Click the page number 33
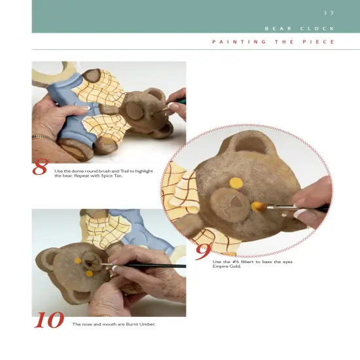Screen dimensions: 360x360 pyautogui.click(x=329, y=13)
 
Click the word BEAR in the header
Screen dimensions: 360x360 pyautogui.click(x=278, y=29)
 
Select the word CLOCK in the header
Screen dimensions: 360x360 pyautogui.click(x=317, y=29)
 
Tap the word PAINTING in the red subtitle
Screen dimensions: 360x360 pyautogui.click(x=239, y=42)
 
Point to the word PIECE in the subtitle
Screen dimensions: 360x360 pyautogui.click(x=319, y=42)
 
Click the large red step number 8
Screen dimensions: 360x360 pyautogui.click(x=40, y=167)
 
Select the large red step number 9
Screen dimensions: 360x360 pyautogui.click(x=203, y=252)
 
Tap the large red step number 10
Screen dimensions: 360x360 pyautogui.click(x=49, y=320)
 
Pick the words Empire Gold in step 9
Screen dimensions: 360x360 pyautogui.click(x=226, y=266)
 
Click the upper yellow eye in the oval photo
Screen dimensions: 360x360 pyautogui.click(x=236, y=183)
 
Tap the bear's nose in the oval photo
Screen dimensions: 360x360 pyautogui.click(x=236, y=203)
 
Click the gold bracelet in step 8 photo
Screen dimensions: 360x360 pyautogui.click(x=41, y=137)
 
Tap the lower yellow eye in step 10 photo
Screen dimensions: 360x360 pyautogui.click(x=89, y=274)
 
